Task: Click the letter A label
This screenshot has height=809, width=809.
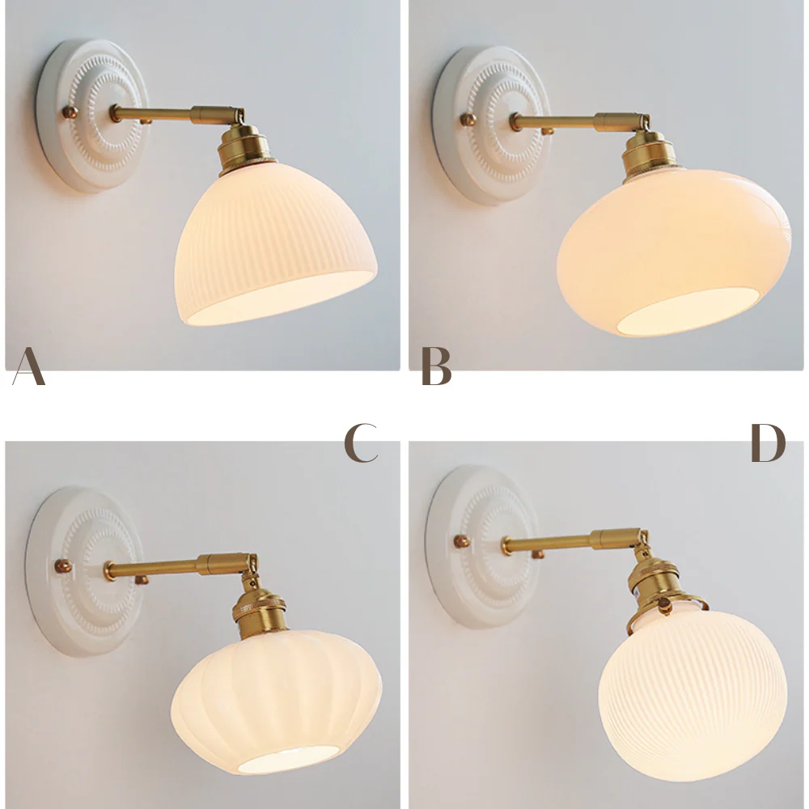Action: pos(29,366)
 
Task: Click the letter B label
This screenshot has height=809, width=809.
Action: pos(437,366)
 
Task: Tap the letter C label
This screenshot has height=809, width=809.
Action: pos(361,443)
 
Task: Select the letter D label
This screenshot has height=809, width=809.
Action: pos(769,443)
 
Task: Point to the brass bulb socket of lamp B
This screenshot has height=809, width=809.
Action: pos(649,157)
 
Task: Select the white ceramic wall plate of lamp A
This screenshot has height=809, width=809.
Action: pos(92,116)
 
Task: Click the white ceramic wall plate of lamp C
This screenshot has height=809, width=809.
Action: pos(84,570)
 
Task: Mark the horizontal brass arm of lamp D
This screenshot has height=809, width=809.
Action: pos(574,540)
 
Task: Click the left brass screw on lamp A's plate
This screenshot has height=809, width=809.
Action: pos(70,112)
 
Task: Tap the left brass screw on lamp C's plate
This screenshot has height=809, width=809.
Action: pos(63,566)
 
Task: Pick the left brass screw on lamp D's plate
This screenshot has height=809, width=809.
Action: pos(462,541)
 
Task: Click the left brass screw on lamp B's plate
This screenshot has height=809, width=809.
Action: pos(468,120)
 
